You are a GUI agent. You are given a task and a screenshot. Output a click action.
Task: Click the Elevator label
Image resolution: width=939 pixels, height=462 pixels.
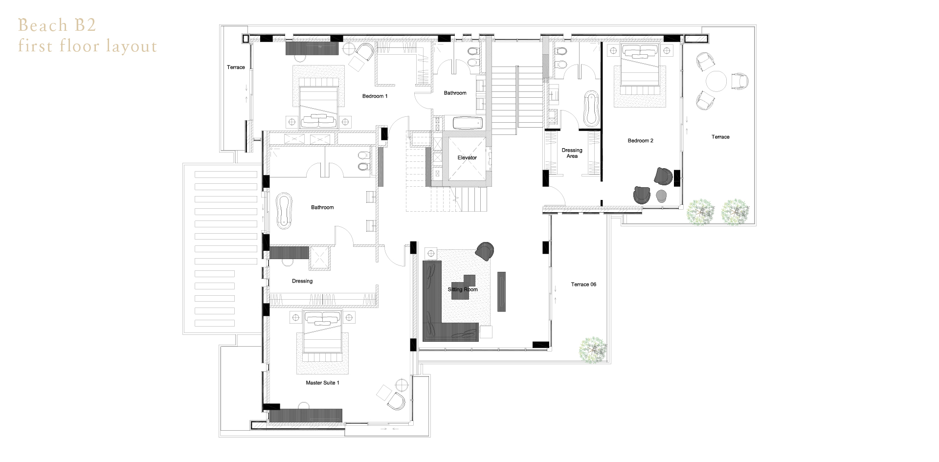467,157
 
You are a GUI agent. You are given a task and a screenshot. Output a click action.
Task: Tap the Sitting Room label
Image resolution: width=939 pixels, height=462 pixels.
463,289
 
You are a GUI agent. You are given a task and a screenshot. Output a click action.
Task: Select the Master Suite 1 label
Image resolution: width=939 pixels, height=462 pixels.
322,383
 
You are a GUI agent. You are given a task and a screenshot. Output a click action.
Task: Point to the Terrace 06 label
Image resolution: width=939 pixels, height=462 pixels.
583,285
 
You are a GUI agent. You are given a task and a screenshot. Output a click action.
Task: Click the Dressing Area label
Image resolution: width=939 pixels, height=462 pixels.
572,153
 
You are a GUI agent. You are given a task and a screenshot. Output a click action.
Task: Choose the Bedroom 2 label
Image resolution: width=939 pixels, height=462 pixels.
640,141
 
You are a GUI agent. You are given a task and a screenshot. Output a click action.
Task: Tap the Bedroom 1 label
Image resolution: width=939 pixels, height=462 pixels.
375,96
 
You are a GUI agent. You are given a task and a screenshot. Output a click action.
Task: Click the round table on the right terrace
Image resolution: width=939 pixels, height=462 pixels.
716,81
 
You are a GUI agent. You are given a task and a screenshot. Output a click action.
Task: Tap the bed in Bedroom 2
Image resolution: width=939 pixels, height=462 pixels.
640,65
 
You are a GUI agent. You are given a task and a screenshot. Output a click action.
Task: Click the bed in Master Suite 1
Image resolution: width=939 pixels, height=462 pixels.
323,332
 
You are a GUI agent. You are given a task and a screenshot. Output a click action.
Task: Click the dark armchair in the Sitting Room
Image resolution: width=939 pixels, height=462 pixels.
485,251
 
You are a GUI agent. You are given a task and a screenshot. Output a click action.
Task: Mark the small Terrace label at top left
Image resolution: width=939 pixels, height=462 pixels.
236,67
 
